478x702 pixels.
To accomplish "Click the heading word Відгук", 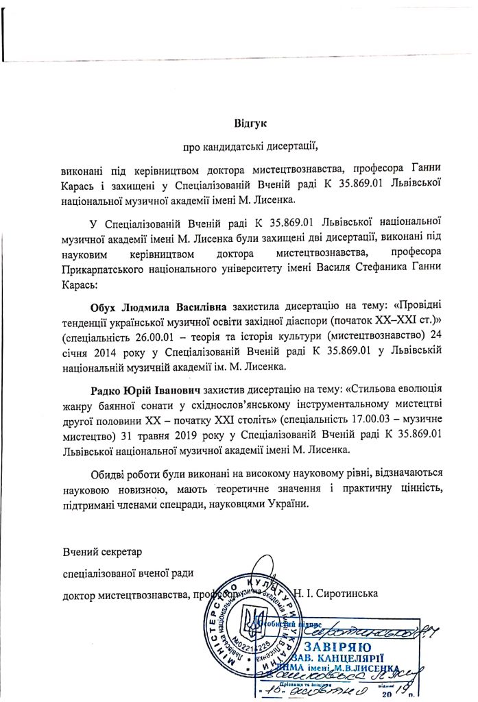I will coord(250,123).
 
